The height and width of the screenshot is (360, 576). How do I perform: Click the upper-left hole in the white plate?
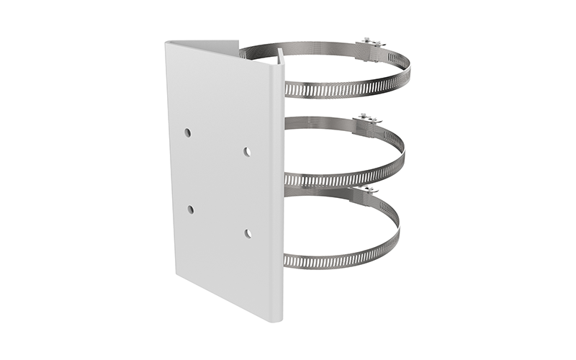(x=187, y=132)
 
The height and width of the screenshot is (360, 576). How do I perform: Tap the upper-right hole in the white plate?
(x=246, y=151)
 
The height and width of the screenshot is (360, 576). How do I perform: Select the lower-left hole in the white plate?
(x=190, y=210)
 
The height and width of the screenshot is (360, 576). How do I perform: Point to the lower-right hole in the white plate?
(x=248, y=233)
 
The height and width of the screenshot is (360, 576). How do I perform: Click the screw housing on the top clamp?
(x=370, y=46)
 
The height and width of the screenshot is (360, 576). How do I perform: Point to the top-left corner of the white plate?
(x=166, y=42)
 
